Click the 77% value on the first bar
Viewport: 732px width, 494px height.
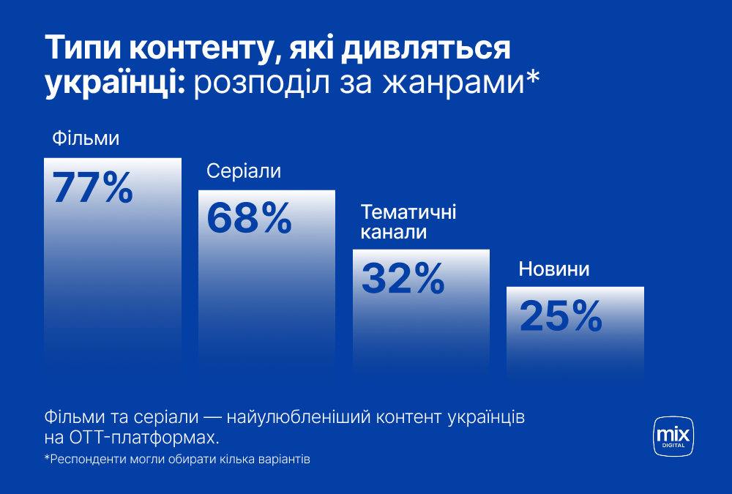92,187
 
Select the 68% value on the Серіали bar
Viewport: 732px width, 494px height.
250,218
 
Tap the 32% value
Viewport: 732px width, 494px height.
403,278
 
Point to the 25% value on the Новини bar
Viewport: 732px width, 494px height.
561,316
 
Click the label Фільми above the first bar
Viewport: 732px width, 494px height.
86,138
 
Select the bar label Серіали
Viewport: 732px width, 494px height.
244,171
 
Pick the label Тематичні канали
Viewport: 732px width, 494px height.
408,222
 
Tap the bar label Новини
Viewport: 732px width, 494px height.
554,269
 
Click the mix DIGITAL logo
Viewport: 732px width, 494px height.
673,436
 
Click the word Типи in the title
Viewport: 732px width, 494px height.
83,48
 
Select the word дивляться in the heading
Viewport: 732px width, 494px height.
425,49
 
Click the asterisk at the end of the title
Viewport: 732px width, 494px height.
533,77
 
